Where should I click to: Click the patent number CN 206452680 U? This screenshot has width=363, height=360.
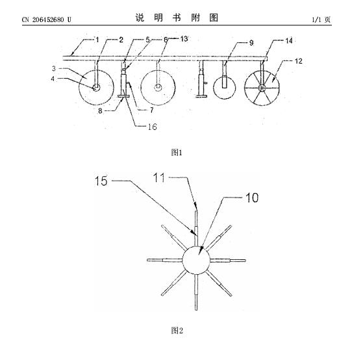(x=47, y=19)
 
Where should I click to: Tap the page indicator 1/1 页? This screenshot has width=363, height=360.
(x=321, y=19)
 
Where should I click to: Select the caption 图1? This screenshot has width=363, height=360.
(x=177, y=153)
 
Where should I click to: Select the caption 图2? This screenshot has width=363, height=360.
(x=177, y=330)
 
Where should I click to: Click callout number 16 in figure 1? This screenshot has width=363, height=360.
(x=153, y=127)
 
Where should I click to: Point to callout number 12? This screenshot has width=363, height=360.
(x=299, y=61)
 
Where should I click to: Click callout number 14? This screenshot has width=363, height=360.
(x=289, y=41)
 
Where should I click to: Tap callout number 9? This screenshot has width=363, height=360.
(x=251, y=43)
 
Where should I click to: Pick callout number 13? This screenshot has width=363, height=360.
(x=184, y=39)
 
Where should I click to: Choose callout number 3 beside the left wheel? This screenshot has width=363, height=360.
(x=54, y=69)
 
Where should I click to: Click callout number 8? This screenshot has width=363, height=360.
(x=100, y=111)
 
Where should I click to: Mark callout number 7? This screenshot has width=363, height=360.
(x=152, y=110)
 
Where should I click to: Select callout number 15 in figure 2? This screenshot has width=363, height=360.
(x=101, y=181)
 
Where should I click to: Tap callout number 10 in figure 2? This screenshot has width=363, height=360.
(x=252, y=198)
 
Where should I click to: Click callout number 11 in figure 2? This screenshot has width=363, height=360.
(x=159, y=178)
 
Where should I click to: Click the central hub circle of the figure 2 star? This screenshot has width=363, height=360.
(x=196, y=260)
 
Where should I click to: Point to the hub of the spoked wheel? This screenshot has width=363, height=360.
(x=262, y=88)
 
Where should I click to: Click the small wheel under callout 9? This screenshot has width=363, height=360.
(x=224, y=88)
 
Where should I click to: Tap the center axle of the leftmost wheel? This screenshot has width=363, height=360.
(x=96, y=88)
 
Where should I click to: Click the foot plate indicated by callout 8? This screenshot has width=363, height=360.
(x=123, y=96)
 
